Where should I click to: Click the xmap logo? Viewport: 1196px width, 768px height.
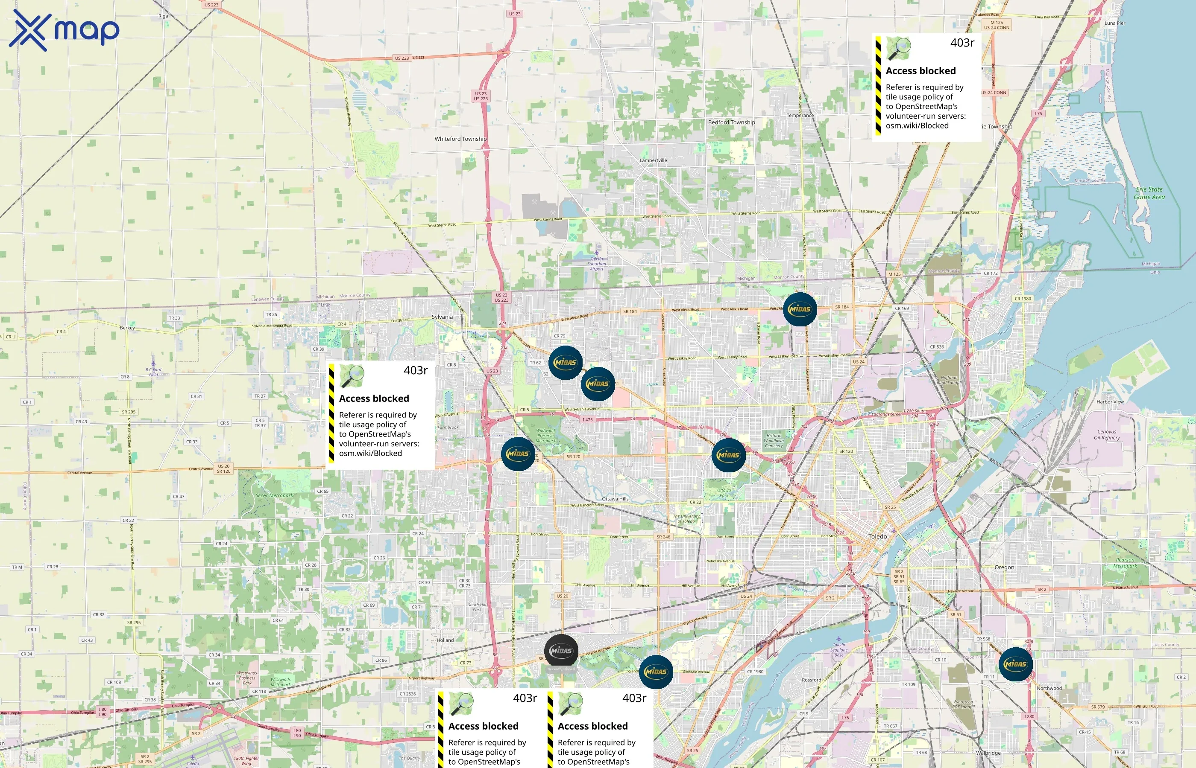point(64,30)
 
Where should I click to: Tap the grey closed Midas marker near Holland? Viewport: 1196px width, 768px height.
point(561,651)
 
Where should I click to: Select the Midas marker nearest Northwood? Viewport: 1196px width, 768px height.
point(1015,664)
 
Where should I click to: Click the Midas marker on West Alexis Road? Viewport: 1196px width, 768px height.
point(800,309)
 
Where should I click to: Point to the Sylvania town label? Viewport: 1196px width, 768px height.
point(442,317)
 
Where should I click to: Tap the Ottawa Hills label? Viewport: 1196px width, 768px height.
point(615,499)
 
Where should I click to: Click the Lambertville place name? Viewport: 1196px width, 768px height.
point(653,160)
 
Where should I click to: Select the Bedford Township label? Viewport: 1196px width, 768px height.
point(731,122)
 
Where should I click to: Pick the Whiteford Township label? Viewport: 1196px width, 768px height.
point(460,139)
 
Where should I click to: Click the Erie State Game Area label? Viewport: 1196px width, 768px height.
point(1149,193)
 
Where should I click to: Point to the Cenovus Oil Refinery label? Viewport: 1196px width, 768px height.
point(1107,435)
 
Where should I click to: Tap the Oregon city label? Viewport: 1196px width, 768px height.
point(1004,567)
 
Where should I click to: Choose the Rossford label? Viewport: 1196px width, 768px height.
point(811,680)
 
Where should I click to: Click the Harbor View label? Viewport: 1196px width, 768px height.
point(1110,402)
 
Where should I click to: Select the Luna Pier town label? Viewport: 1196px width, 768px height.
point(1115,23)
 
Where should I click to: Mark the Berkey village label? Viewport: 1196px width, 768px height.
point(127,328)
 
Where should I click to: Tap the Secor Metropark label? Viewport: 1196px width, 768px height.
point(274,496)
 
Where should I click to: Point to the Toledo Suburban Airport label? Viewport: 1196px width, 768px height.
point(596,264)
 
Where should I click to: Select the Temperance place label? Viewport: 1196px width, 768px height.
point(800,116)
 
